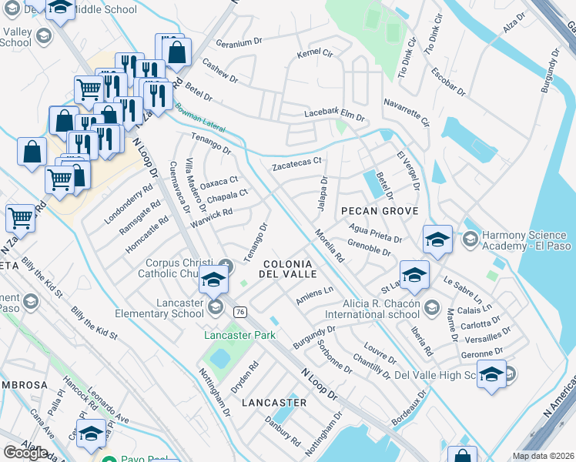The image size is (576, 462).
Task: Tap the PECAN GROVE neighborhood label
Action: pos(380,211)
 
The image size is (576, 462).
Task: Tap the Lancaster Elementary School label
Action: pos(159,308)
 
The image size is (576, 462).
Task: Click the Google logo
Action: pos(25,453)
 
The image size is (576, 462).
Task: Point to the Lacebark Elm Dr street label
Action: pos(333,114)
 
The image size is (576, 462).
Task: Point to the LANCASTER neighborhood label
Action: pos(273,403)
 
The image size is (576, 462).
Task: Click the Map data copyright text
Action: pos(541,456)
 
